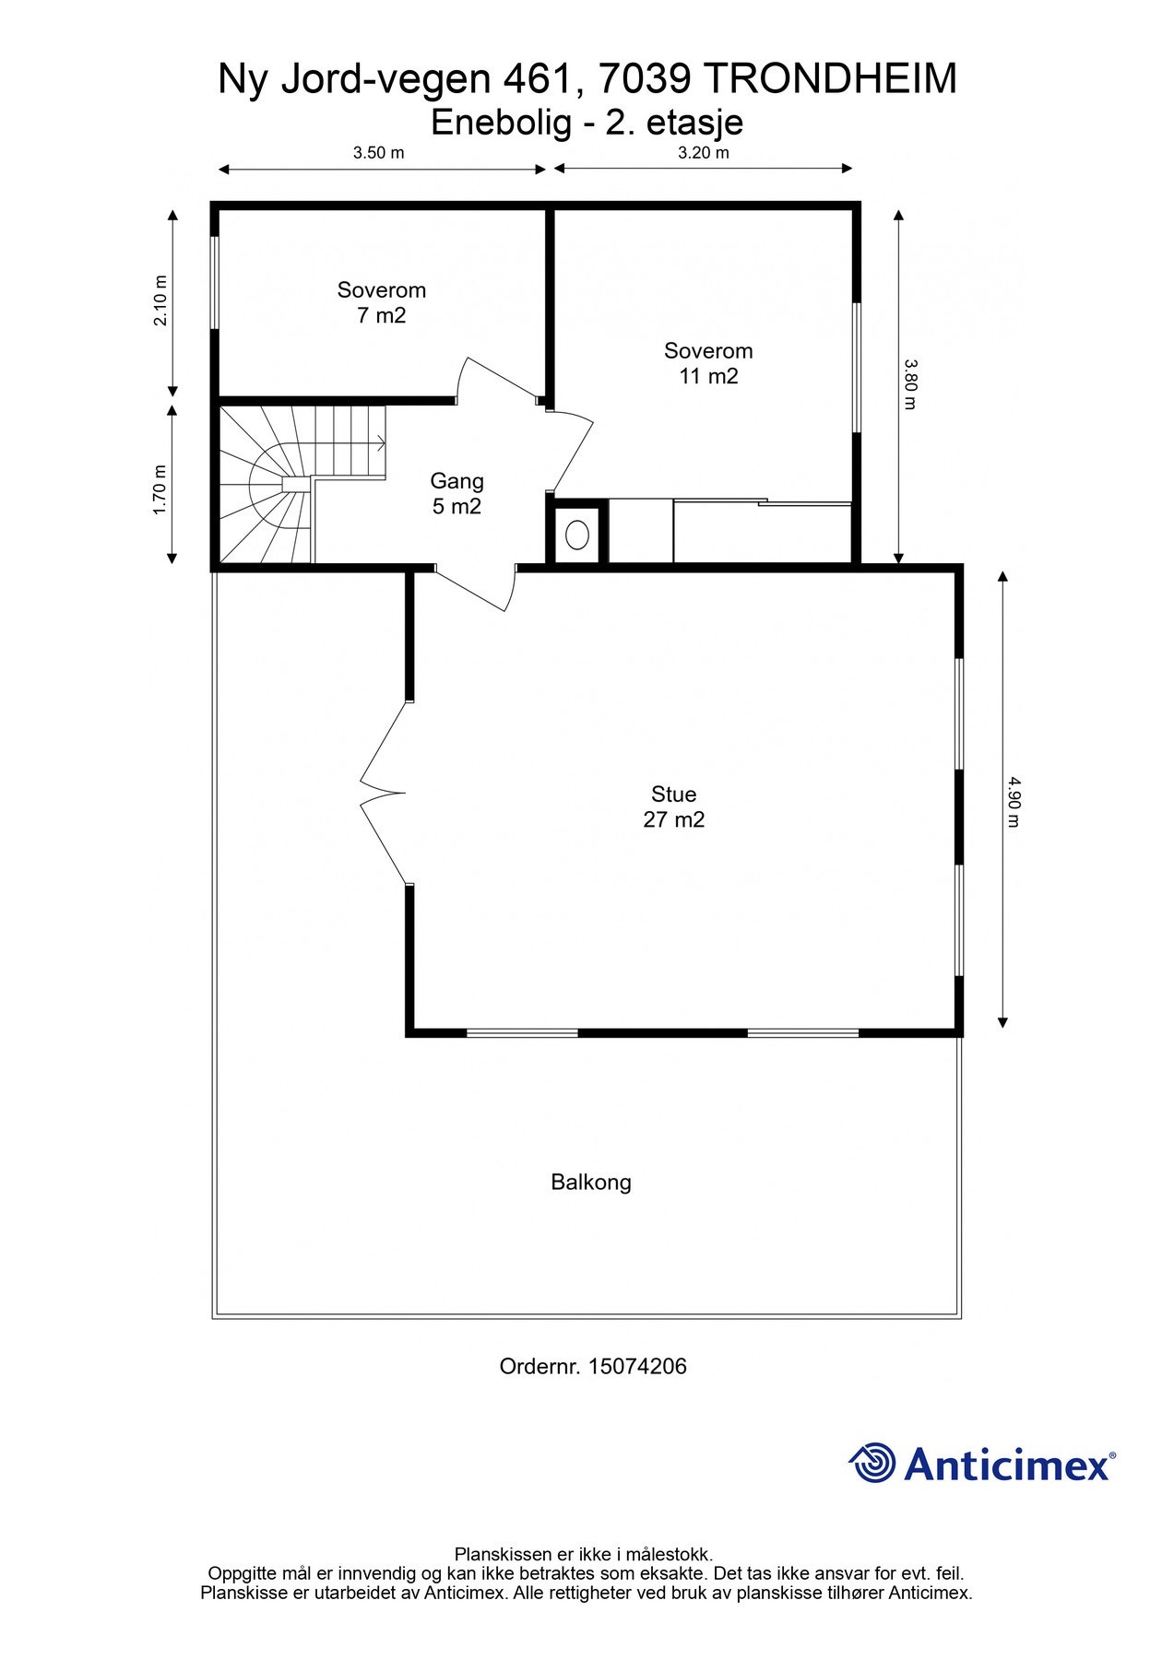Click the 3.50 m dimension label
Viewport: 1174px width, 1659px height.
[x=378, y=153]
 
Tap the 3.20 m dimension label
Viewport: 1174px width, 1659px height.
[x=704, y=153]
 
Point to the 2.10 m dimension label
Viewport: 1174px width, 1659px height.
[x=160, y=300]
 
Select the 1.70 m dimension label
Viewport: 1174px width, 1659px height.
[x=160, y=488]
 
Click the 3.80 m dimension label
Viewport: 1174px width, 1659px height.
[x=910, y=384]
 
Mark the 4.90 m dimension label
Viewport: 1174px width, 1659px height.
[x=1014, y=802]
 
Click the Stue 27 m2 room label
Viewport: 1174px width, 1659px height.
[x=674, y=806]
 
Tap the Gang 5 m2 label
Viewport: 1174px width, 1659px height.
[x=457, y=493]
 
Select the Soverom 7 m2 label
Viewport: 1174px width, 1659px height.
[x=382, y=302]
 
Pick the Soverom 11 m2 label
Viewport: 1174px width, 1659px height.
[x=708, y=363]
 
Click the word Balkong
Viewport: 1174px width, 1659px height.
[x=591, y=1182]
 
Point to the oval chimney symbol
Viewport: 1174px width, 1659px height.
[x=578, y=535]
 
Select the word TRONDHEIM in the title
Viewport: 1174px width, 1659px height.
[x=830, y=79]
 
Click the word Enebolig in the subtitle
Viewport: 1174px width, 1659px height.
[x=501, y=122]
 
